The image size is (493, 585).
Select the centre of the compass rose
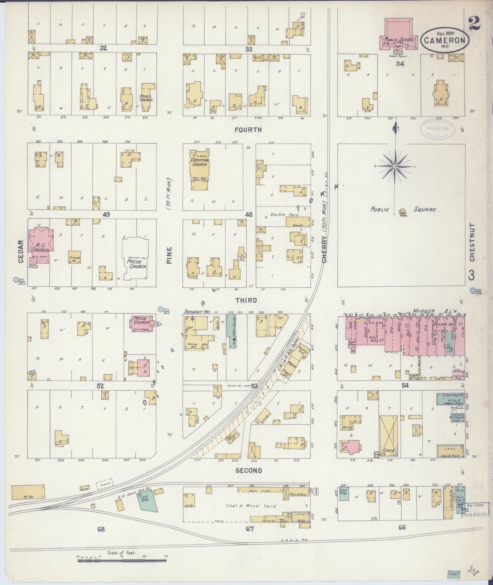pos(395,166)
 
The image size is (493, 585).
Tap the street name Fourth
pos(248,130)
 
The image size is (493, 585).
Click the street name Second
pos(249,471)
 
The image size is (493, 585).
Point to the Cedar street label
pos(20,252)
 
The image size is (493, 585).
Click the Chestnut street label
pos(472,242)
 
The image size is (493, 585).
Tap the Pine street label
pos(170,255)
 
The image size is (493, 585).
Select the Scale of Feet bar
pos(121,560)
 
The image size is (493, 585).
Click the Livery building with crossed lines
pos(389,436)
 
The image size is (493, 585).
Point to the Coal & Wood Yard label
pos(242,506)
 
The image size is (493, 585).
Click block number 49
pos(106,215)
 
